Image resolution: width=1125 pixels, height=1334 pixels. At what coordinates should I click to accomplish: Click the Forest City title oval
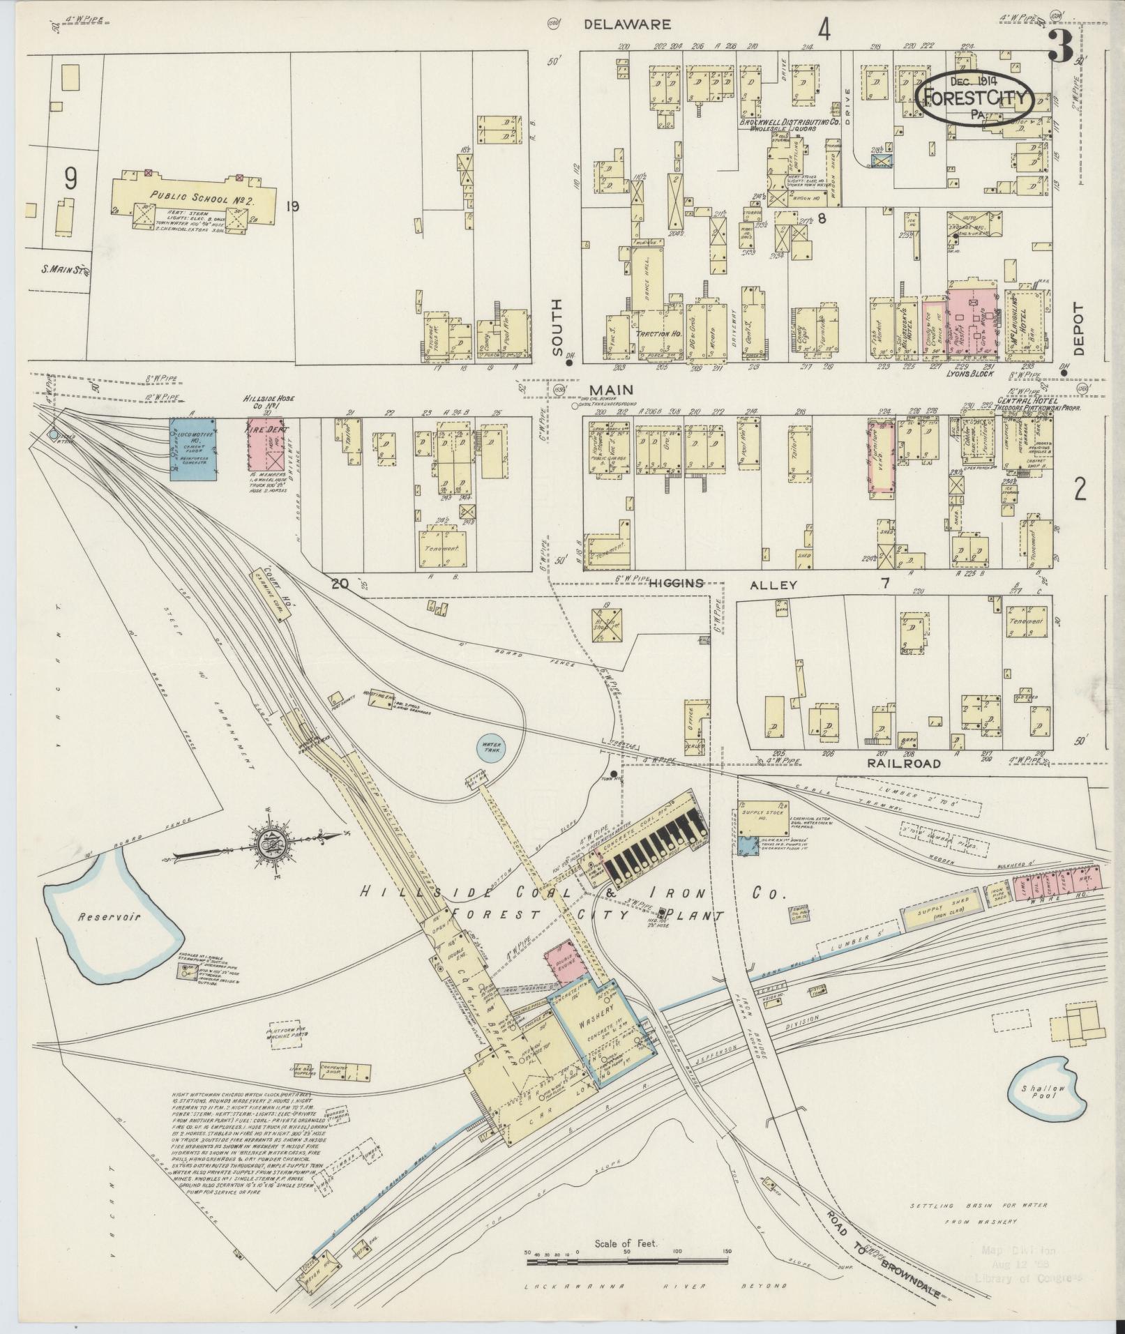[x=976, y=98]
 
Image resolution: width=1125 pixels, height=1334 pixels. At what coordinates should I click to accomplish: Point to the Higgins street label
[x=676, y=584]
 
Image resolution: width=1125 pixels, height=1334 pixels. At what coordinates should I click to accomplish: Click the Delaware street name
[x=627, y=24]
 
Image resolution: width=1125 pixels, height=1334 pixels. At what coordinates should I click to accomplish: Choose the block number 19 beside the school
[x=292, y=206]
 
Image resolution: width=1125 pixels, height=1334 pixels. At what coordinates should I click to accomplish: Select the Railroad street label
[x=904, y=763]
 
